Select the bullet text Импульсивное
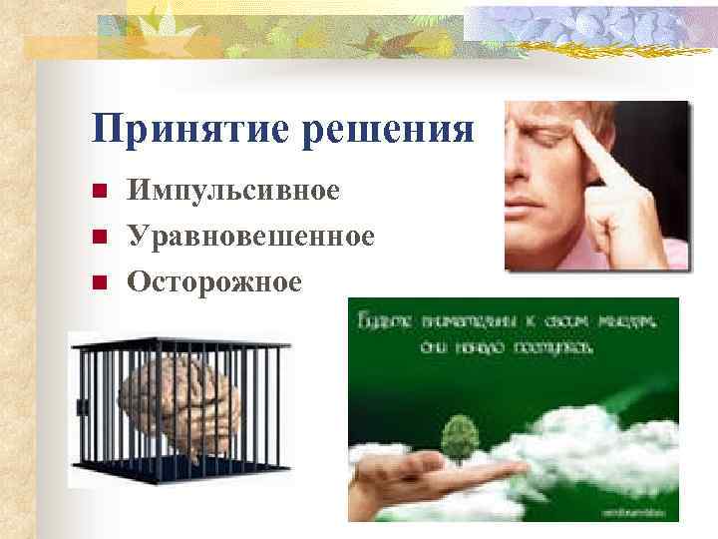coord(232,190)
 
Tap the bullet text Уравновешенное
coord(250,237)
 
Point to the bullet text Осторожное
coord(214,282)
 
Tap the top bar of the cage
coord(179,343)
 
